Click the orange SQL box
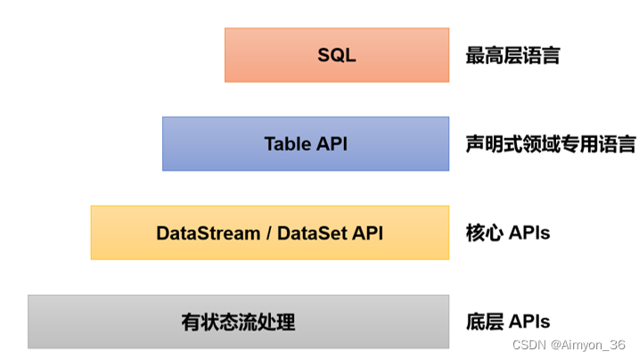pos(336,55)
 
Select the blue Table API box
pos(305,143)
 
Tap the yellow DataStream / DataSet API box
pos(269,233)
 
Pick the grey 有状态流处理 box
pos(238,322)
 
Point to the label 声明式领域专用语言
pos(550,143)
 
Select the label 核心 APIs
pos(507,233)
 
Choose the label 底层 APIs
pos(507,322)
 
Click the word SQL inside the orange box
pos(336,55)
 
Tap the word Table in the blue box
pos(285,143)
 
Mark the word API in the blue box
pos(331,143)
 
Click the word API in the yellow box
pos(366,233)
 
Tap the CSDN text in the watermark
pos(528,345)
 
